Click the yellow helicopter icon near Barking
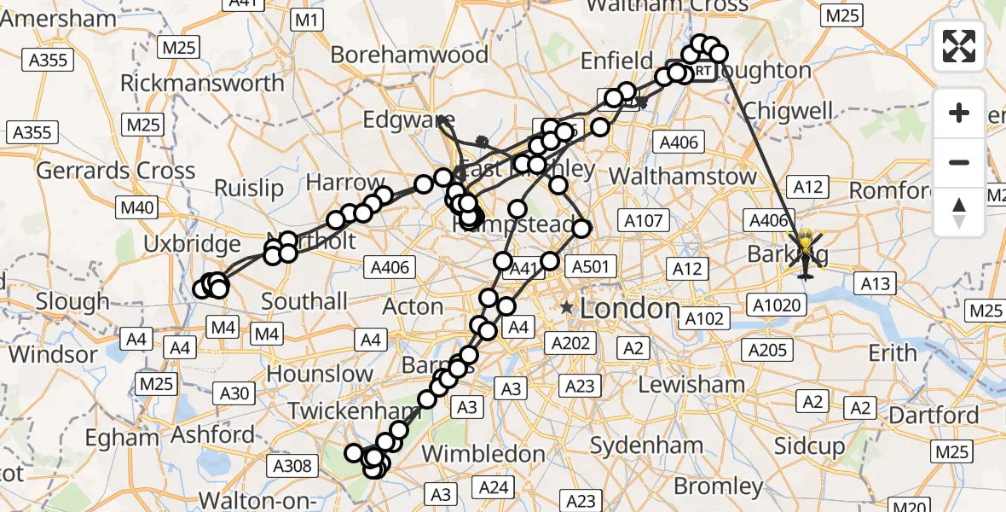tap(805, 254)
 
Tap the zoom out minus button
tap(959, 162)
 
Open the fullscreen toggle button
tap(959, 46)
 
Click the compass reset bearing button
tap(959, 212)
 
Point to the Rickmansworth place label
tap(202, 84)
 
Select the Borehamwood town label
tap(409, 55)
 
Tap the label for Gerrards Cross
tap(116, 171)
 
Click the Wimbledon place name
tap(485, 452)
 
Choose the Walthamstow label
tap(685, 177)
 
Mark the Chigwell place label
tap(787, 111)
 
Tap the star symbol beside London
tap(566, 307)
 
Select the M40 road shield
tap(136, 207)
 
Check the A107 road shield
tap(643, 221)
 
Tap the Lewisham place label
tap(691, 384)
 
